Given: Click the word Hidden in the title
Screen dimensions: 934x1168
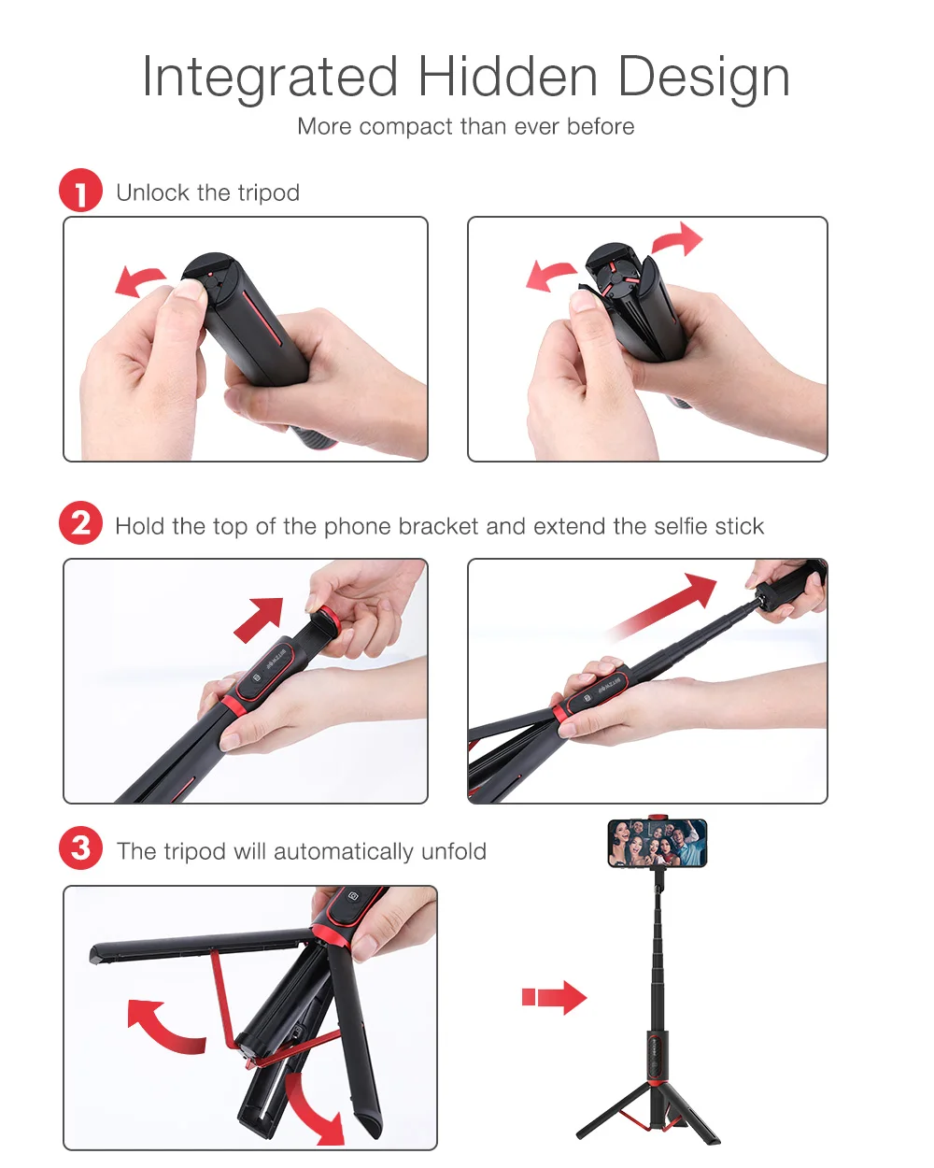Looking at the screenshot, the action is (x=507, y=77).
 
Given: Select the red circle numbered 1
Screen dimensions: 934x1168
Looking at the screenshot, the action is (x=80, y=190).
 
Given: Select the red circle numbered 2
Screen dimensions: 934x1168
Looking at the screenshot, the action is (x=80, y=522).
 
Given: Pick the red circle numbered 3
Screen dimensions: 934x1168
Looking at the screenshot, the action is (x=80, y=848).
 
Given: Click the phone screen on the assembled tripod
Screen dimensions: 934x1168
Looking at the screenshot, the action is (x=657, y=843).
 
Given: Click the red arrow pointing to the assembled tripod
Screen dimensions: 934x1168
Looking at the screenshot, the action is (x=554, y=998).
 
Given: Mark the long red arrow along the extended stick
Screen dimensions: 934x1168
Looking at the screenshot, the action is (x=659, y=606).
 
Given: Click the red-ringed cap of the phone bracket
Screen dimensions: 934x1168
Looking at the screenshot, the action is (x=330, y=622).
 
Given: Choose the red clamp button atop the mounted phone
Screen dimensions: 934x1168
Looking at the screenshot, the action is (x=657, y=818).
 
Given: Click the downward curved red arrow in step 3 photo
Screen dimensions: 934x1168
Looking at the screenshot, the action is (x=315, y=1107).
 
